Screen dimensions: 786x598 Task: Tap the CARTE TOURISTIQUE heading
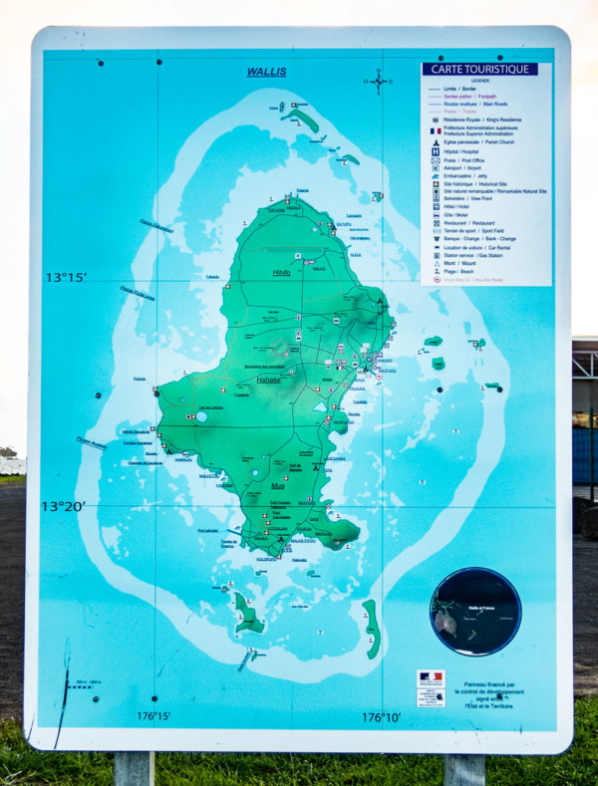479,70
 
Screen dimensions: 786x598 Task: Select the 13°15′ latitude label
66,277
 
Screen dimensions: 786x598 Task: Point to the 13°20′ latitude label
64,506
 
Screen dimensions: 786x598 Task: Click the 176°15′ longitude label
153,716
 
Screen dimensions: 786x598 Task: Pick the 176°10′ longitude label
381,716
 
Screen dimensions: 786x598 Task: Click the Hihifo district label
281,272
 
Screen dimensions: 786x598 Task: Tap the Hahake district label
268,379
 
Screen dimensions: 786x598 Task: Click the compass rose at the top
379,81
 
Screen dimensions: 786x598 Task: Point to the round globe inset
475,611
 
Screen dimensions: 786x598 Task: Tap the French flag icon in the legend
436,131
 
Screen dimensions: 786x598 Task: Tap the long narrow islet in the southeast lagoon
371,629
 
